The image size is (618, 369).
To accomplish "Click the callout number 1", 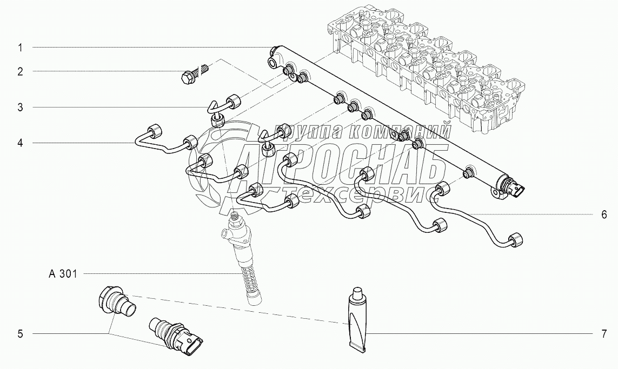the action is [20, 48].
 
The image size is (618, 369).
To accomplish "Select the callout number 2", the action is [20, 71].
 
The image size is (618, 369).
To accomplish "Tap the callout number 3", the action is [20, 108].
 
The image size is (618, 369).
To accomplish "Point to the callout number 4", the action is [20, 143].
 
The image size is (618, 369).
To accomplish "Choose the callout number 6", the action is [604, 214].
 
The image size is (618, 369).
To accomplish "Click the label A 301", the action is [63, 274].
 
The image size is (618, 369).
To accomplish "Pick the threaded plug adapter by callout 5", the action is [115, 301].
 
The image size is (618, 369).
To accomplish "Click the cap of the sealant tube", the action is [357, 294].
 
